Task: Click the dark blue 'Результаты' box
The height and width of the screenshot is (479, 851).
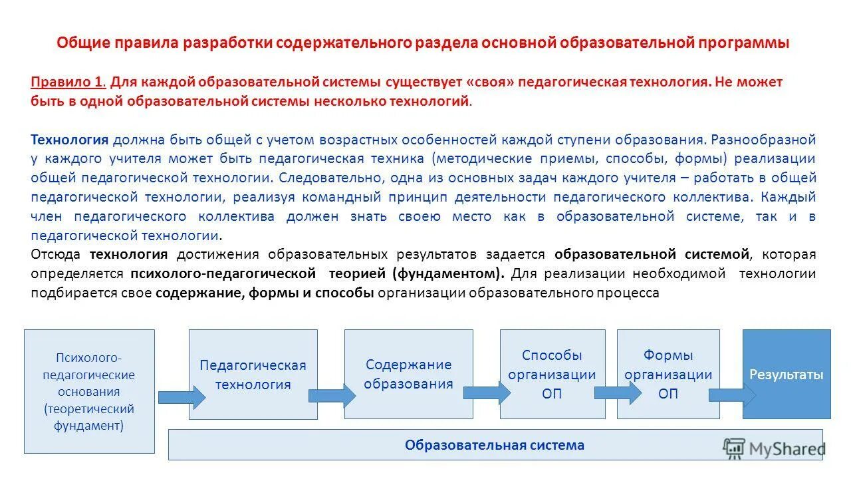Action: click(787, 374)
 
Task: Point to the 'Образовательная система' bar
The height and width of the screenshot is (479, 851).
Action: click(495, 445)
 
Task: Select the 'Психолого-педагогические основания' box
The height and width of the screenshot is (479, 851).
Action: click(89, 391)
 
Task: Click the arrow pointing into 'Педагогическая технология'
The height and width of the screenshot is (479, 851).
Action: click(182, 397)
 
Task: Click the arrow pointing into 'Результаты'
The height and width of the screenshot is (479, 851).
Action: click(732, 395)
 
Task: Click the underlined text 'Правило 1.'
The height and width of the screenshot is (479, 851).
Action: click(68, 82)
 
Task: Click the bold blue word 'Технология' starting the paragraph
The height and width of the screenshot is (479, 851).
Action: click(69, 140)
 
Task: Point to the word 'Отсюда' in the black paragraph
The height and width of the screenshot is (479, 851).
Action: click(56, 254)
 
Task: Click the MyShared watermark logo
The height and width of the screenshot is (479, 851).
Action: click(774, 448)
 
